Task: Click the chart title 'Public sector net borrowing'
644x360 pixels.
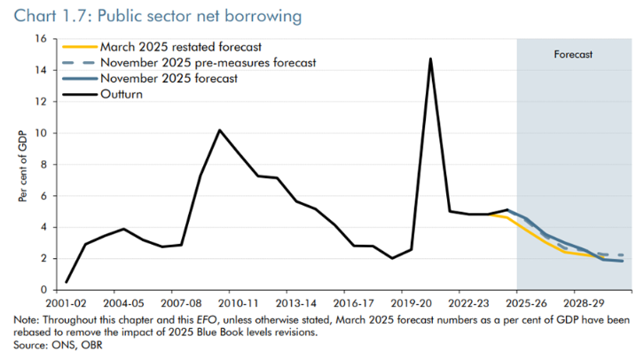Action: tap(177, 15)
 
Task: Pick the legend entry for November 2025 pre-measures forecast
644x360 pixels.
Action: tap(208, 62)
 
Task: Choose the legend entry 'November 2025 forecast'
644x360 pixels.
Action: tap(169, 78)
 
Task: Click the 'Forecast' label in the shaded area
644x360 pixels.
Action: tap(573, 54)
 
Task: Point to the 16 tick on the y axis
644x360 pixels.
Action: tap(40, 39)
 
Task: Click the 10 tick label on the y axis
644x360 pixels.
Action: tap(40, 133)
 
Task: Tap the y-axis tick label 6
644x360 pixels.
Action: tap(43, 196)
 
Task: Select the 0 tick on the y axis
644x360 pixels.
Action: tap(43, 290)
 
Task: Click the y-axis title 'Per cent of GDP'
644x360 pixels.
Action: tap(21, 165)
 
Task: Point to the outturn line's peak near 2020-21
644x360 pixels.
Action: tap(430, 59)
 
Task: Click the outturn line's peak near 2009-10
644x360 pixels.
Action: tap(219, 130)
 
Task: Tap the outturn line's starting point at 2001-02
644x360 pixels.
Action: tap(67, 282)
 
